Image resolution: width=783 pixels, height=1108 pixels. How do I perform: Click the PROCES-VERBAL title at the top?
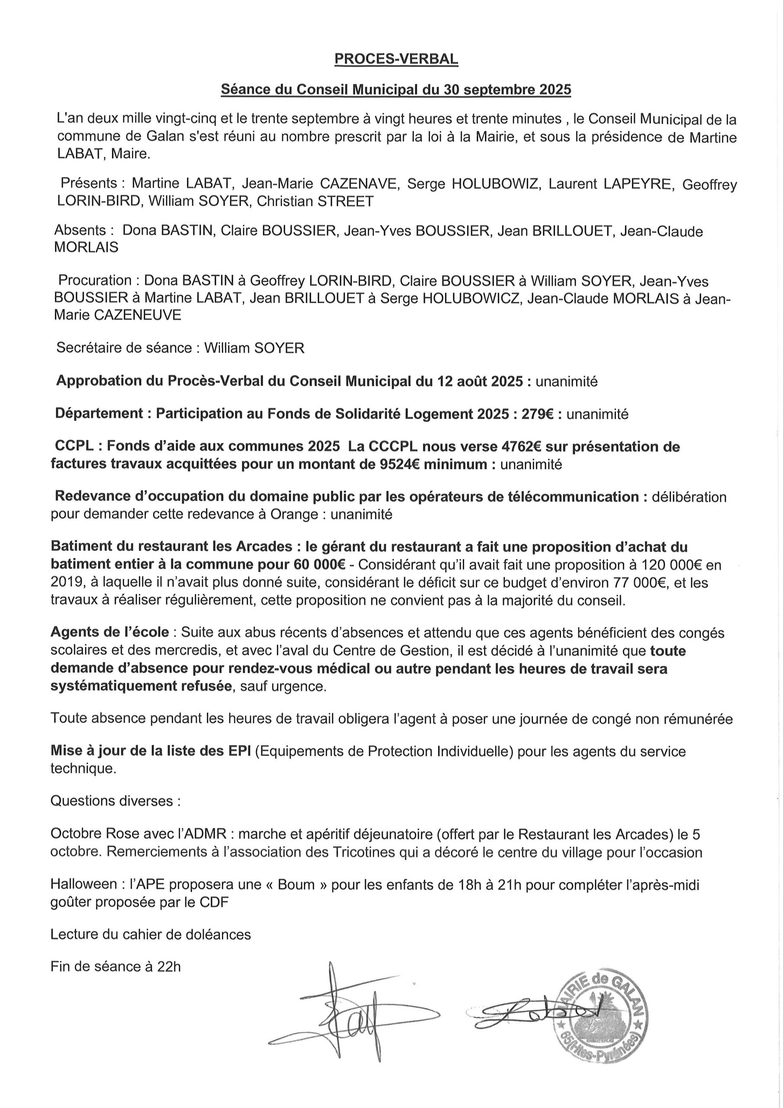[396, 59]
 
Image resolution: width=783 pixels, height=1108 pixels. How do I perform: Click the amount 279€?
[537, 414]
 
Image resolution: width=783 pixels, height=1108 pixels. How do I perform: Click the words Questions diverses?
[116, 801]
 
